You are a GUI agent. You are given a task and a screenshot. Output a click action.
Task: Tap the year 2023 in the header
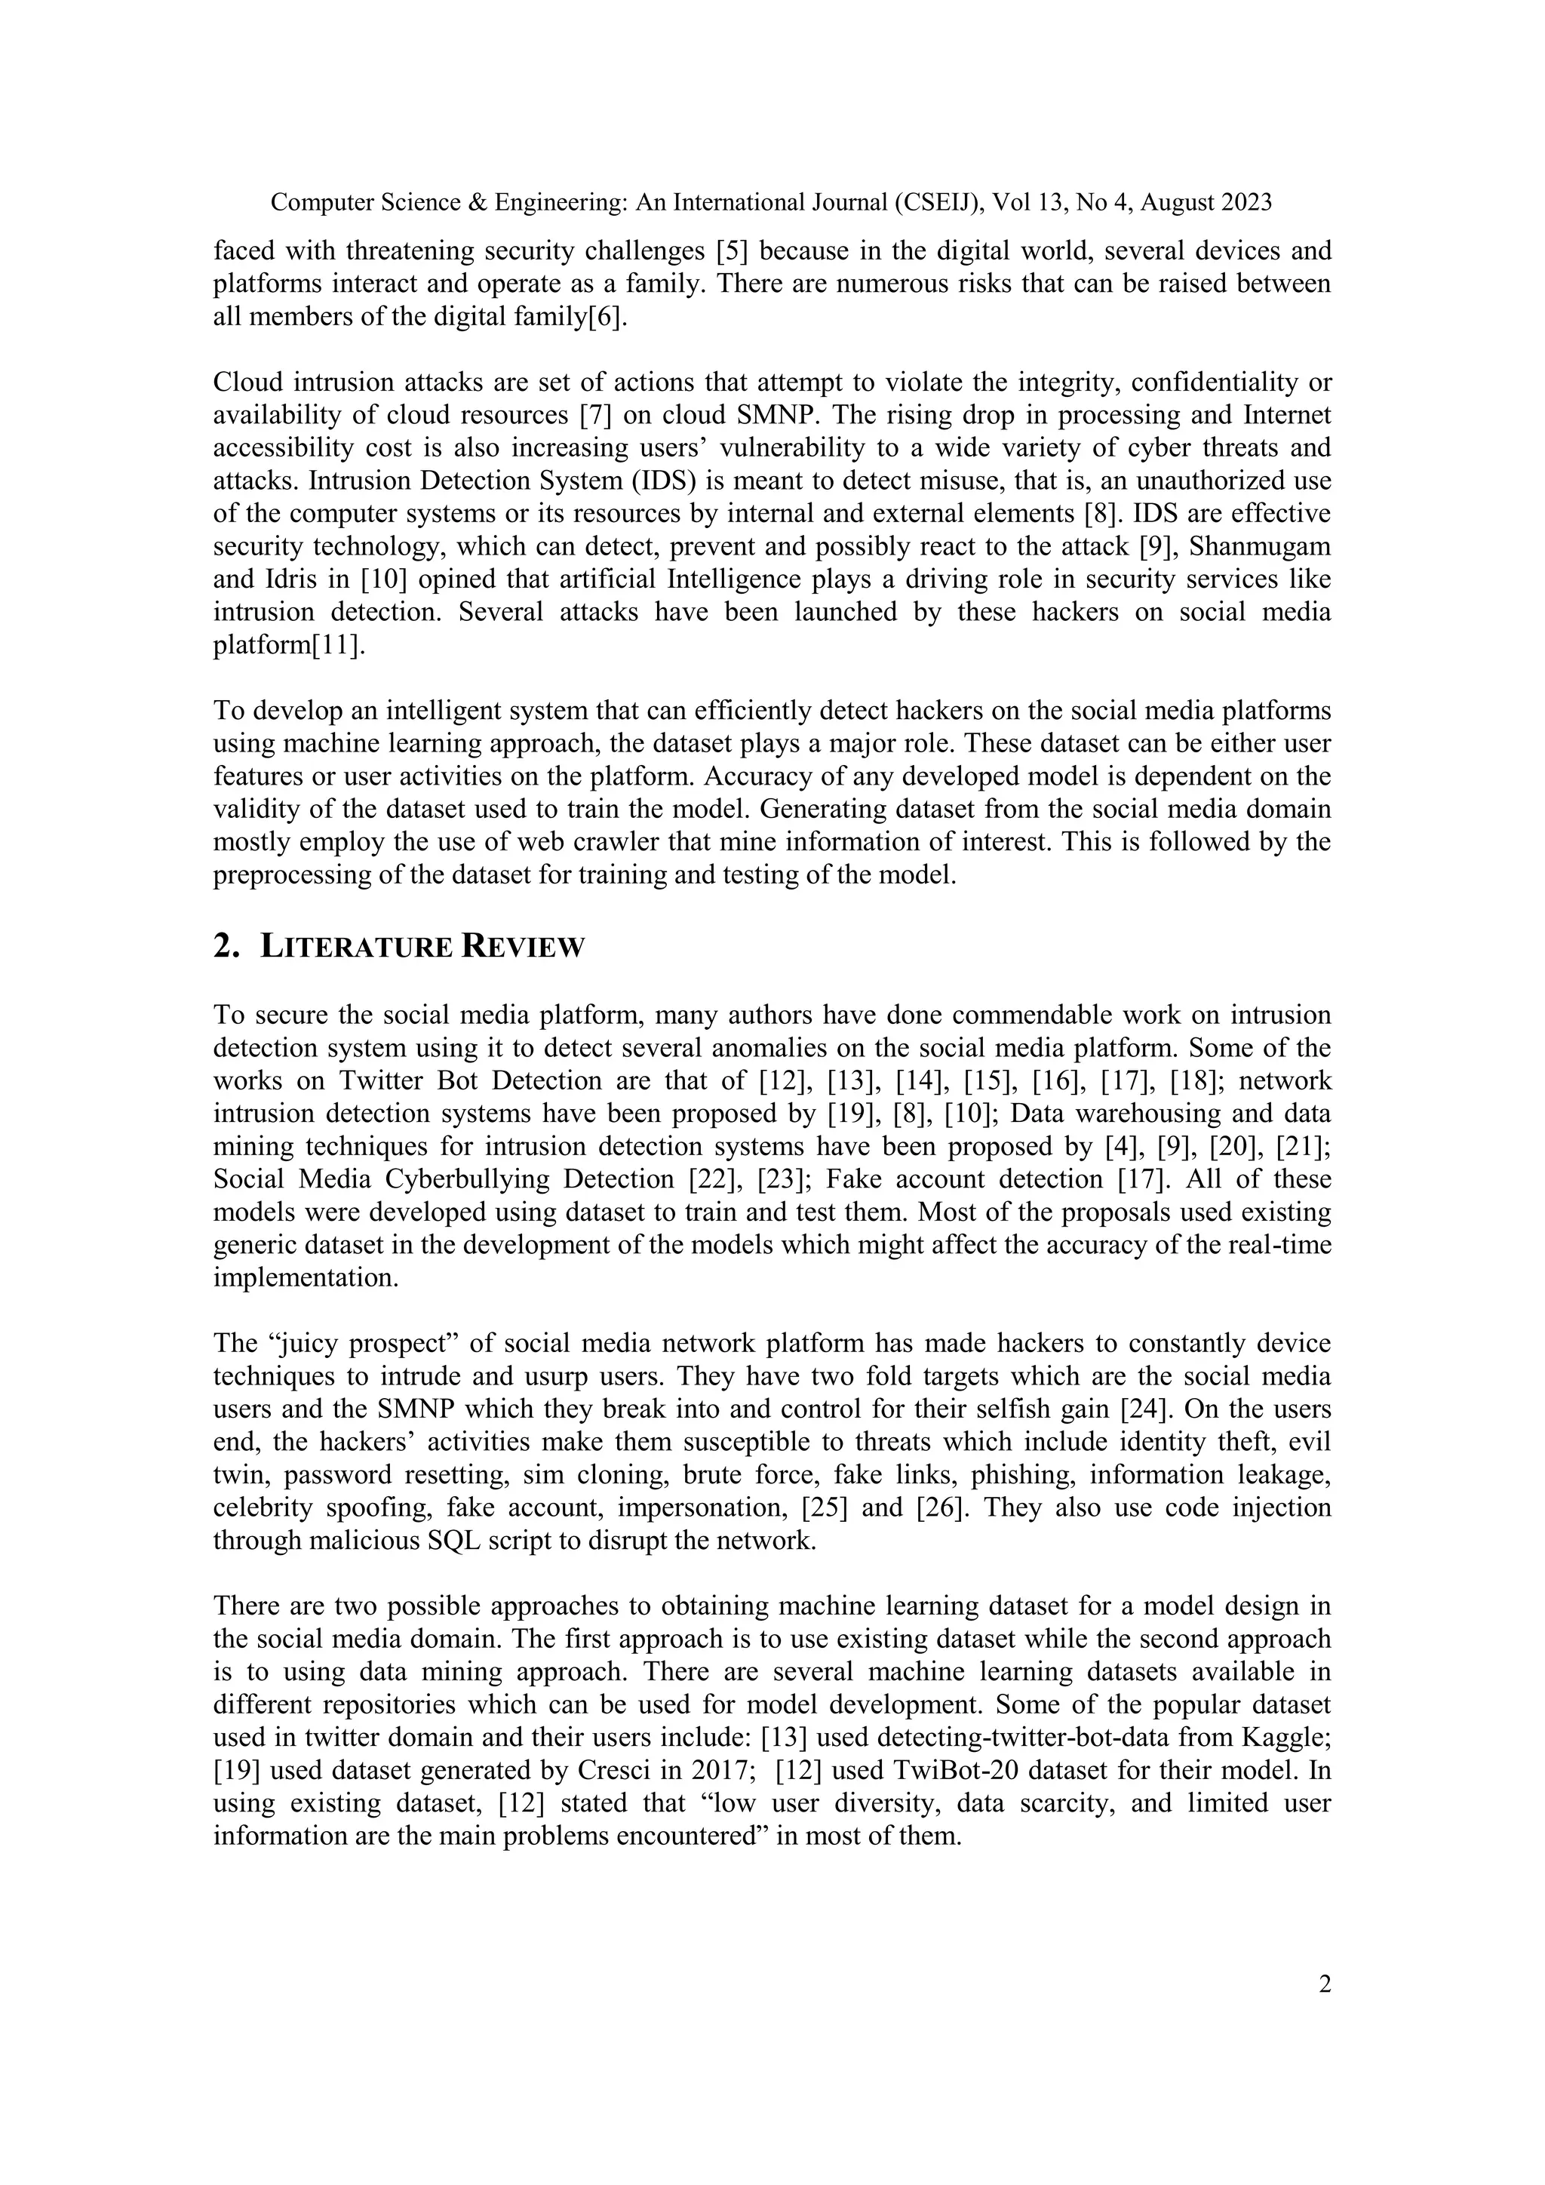[x=1240, y=203]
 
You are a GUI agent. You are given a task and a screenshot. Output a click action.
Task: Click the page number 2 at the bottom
[x=1324, y=1984]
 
